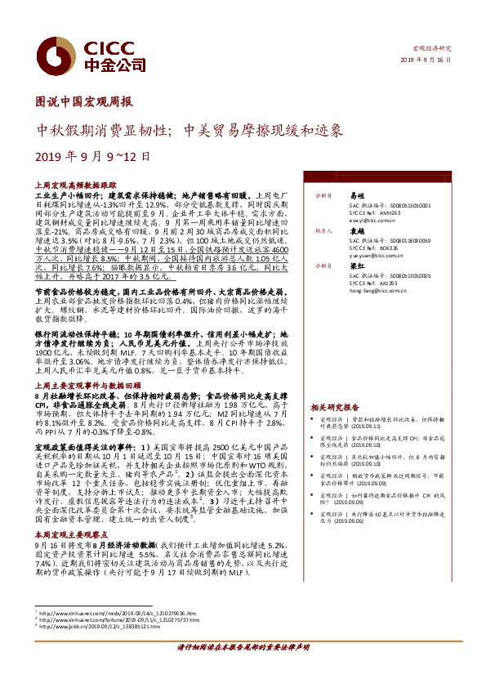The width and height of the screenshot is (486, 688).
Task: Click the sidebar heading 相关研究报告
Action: click(334, 406)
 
